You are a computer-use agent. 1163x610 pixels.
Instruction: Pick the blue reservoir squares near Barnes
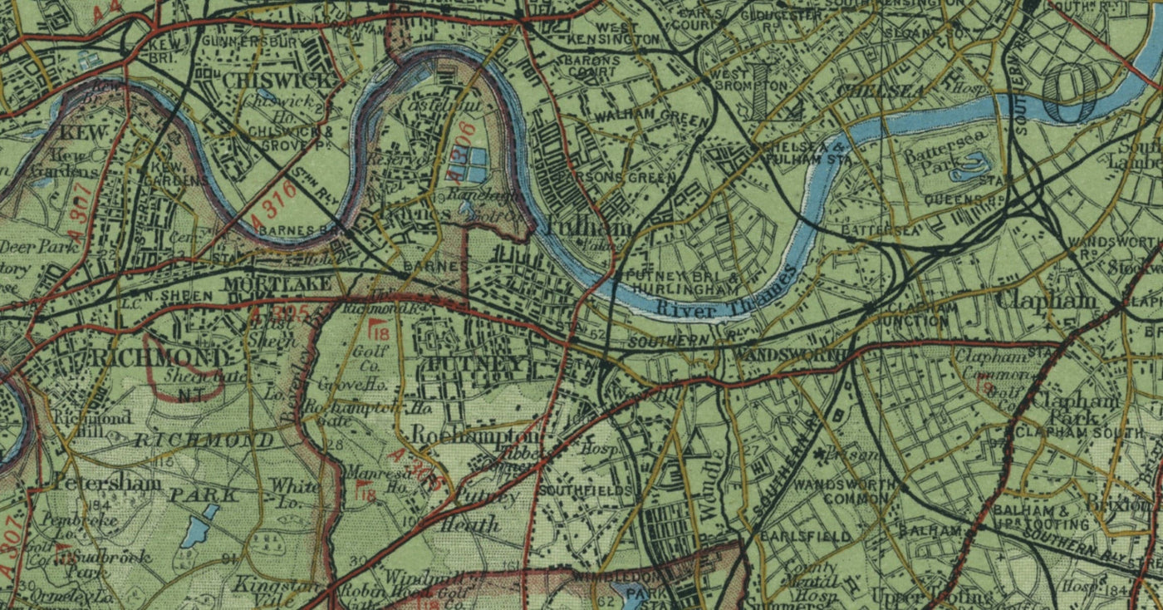[x=469, y=164]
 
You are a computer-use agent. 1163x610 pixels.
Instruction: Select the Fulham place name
[x=578, y=225]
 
